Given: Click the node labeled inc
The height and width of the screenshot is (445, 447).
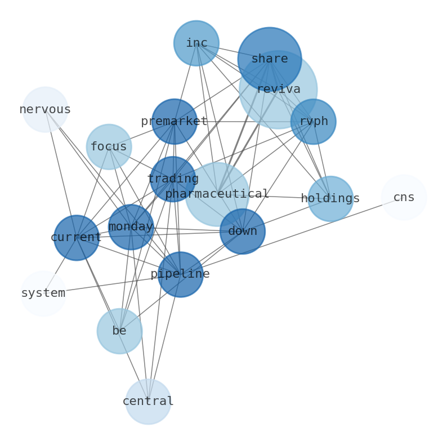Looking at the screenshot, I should (x=196, y=43).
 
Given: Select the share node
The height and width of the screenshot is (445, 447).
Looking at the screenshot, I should (x=269, y=59).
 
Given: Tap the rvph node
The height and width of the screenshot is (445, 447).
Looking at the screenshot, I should (x=313, y=122).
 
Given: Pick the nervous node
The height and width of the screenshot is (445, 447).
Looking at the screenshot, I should (x=45, y=109).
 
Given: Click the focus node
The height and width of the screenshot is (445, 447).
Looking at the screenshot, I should (x=109, y=147).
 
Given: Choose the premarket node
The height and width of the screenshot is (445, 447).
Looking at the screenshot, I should (x=175, y=122).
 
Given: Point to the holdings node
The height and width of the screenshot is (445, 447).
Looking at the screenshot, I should (x=330, y=199).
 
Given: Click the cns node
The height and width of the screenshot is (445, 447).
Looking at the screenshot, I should (x=404, y=198).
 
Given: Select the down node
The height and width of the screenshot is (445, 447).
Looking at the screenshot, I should (x=242, y=232).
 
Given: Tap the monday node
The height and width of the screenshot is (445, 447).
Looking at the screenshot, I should (x=131, y=227).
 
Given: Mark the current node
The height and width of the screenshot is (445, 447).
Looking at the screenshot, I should (x=76, y=238).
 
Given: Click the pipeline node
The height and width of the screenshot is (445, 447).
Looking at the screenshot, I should (x=180, y=274).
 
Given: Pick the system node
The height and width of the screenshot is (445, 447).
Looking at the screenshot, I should (x=43, y=293).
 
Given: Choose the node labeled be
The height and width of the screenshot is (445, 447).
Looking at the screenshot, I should (x=119, y=331).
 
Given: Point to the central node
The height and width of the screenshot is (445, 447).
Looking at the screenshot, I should (x=148, y=402).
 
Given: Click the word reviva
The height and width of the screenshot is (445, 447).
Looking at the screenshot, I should (x=278, y=90).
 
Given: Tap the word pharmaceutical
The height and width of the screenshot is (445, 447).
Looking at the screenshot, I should (x=217, y=194).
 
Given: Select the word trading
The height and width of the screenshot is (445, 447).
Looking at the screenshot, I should (x=173, y=179).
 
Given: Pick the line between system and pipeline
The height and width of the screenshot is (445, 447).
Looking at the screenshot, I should (x=113, y=284).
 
